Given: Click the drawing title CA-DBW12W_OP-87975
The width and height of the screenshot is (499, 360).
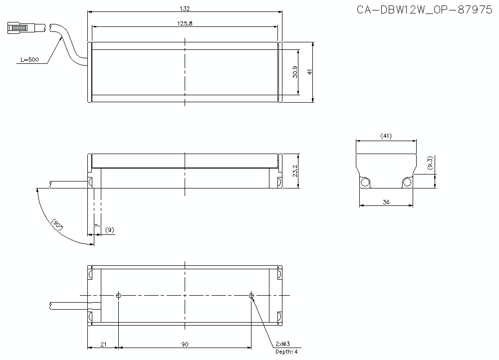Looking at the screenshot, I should point(424,10).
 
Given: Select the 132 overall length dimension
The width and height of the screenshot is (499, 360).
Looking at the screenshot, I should point(185,8).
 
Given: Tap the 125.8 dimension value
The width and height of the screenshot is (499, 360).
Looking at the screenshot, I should point(185,23).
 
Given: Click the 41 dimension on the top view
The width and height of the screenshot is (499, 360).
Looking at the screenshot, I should point(310,72).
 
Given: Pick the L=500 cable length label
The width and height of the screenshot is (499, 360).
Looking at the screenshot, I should point(29,60).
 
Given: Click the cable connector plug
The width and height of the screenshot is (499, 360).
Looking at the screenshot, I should point(19,27).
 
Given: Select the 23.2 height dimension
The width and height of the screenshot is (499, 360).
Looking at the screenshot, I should point(295,171).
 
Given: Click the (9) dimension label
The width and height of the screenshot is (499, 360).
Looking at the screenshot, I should point(110,230).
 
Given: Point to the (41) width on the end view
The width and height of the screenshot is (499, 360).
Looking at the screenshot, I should point(386,136).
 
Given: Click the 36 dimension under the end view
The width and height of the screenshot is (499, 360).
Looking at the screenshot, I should point(386,202).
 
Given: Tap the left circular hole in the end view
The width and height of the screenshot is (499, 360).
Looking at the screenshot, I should point(365,182).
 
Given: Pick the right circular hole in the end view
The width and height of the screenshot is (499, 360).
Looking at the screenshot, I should point(407,182).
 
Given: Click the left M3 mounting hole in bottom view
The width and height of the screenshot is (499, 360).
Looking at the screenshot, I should point(118,295).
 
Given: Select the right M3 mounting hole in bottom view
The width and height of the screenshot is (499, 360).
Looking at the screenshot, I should point(251,295).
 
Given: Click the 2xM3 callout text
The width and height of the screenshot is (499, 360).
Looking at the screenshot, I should point(283,344).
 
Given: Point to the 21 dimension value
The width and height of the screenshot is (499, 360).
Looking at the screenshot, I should point(103,344).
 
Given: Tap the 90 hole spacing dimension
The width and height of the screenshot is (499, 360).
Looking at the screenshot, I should point(185,344).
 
